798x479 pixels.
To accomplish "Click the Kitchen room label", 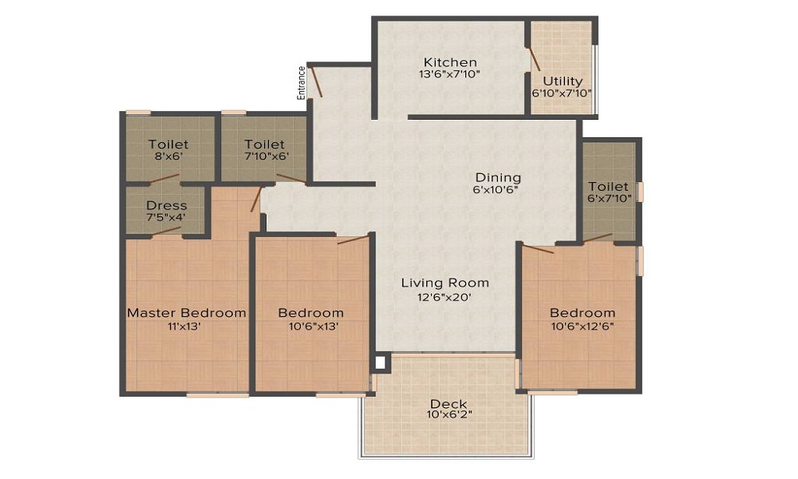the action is pos(450,62).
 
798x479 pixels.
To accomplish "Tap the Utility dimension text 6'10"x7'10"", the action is pos(562,93).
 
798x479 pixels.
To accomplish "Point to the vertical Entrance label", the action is pos(302,82).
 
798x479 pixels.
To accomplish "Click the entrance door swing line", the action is pos(316,81).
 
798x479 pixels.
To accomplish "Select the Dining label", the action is pos(498,178).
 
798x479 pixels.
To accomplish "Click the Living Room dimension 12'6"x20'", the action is pos(444,297).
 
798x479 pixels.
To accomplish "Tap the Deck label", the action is pos(448,404).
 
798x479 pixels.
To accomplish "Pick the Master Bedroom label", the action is pos(186,312).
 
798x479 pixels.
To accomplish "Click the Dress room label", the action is pos(167,206).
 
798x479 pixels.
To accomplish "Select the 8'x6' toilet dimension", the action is pos(168,156).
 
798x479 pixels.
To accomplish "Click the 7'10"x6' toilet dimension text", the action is pos(267,156).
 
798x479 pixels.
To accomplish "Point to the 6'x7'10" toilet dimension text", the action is pos(610,199).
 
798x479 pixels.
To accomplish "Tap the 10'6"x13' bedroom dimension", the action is pos(314,327).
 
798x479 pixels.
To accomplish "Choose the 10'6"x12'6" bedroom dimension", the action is pos(583,327).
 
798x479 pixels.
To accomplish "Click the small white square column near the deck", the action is pos(380,363).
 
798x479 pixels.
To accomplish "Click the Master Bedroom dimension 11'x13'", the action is pos(184,327).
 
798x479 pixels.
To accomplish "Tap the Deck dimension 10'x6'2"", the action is pos(450,414).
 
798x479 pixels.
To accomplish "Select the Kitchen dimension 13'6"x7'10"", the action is pos(450,73).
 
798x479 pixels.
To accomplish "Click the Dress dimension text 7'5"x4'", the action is pos(166,217).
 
